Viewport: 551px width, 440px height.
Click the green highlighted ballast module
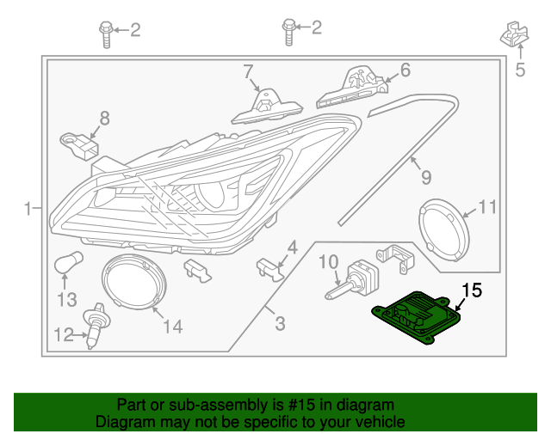[x=413, y=316]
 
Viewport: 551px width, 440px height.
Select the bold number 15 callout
[x=473, y=290]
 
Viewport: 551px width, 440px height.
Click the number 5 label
[x=519, y=70]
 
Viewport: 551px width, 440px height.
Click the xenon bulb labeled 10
[x=350, y=281]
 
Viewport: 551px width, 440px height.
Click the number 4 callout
[x=293, y=247]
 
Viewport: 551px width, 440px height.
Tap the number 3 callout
[x=279, y=324]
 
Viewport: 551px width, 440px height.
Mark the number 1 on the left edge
[x=28, y=208]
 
